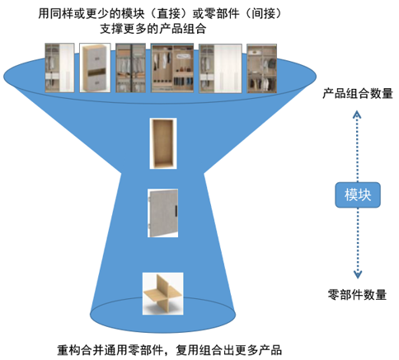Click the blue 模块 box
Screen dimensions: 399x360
[358, 194]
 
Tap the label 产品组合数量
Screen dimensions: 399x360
[358, 93]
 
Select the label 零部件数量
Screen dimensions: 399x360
[357, 295]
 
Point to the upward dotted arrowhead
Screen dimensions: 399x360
[357, 115]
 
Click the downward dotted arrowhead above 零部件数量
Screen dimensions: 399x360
[358, 274]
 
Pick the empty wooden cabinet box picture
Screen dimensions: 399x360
[163, 143]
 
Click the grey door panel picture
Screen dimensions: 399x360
[163, 213]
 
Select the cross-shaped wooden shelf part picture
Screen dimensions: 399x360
[162, 293]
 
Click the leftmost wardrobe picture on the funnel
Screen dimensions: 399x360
[59, 68]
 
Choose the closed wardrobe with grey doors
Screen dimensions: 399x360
[95, 68]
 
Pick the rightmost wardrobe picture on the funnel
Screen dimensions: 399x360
[261, 68]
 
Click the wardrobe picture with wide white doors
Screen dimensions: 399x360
[220, 68]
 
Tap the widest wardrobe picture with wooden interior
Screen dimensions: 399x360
[172, 68]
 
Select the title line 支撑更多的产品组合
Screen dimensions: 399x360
[153, 29]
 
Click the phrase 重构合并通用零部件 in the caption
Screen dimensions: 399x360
[110, 350]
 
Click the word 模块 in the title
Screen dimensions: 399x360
[133, 13]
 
